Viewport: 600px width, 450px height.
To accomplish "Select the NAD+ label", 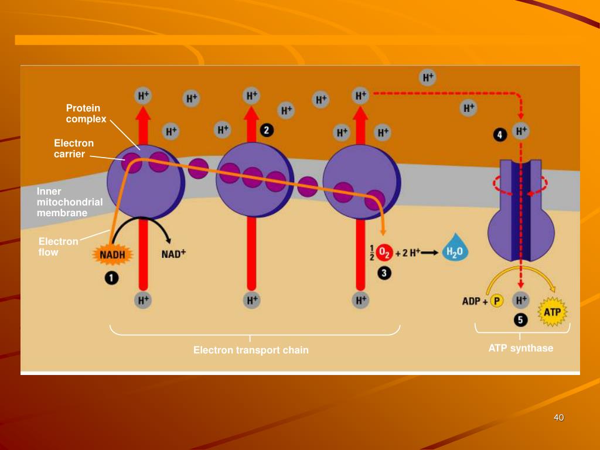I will (x=173, y=254).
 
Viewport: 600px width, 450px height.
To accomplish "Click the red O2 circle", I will (x=384, y=253).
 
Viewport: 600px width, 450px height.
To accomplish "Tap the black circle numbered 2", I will (x=267, y=130).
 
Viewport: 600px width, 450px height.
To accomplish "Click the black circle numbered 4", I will (x=499, y=135).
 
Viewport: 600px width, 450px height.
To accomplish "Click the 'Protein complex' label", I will (x=86, y=114).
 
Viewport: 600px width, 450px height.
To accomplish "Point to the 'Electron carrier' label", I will (x=73, y=148).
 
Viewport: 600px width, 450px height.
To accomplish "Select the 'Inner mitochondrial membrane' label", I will (x=69, y=202).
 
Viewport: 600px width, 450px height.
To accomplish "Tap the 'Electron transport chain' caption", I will (x=251, y=350).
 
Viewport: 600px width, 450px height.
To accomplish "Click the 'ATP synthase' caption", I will (x=521, y=348).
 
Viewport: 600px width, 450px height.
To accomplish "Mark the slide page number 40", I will (x=558, y=417).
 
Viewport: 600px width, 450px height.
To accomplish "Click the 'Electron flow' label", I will (x=58, y=247).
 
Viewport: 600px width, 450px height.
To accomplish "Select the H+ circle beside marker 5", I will (x=520, y=301).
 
